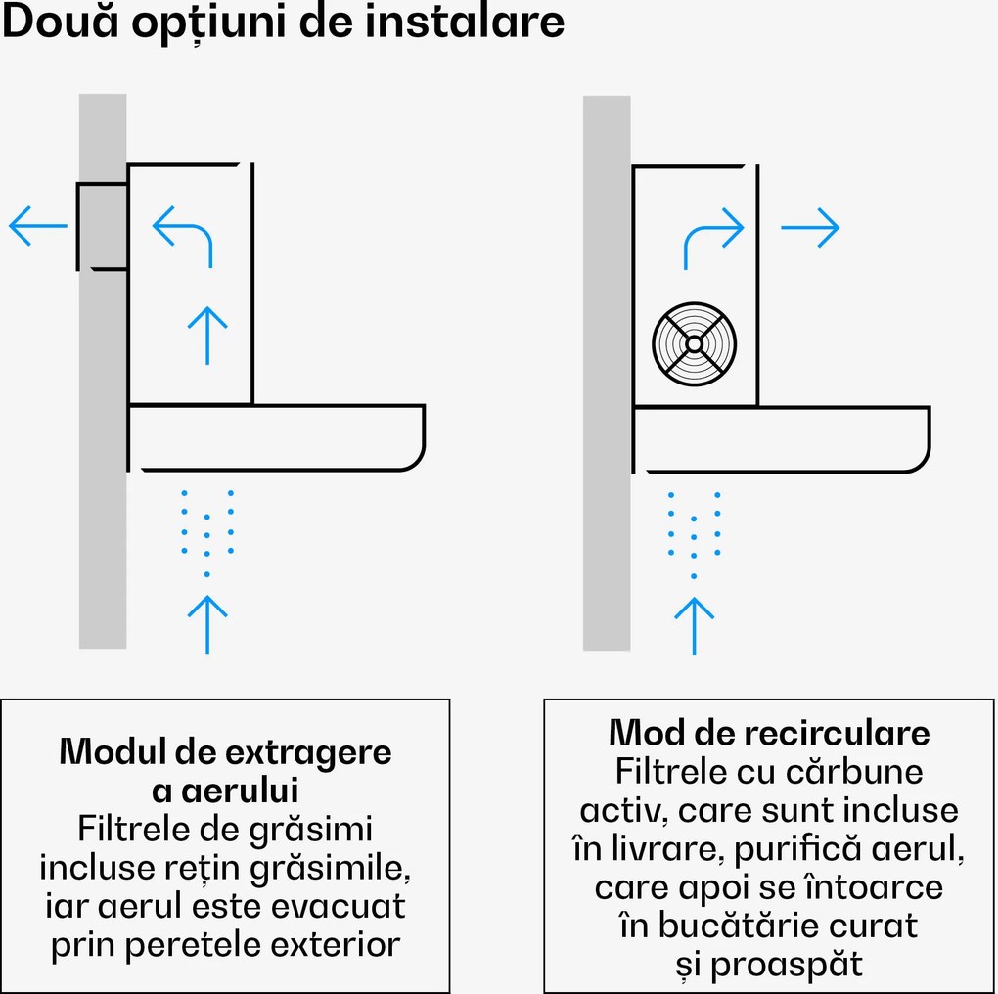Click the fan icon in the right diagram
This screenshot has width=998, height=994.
click(x=694, y=344)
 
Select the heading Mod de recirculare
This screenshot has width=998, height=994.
click(x=769, y=733)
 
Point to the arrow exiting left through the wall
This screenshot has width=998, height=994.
click(x=37, y=226)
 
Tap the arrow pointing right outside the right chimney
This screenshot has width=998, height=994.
click(x=810, y=227)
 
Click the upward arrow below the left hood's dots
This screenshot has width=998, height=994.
click(x=206, y=622)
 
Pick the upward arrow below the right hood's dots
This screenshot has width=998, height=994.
click(x=694, y=624)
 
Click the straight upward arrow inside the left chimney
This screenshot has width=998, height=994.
click(x=206, y=334)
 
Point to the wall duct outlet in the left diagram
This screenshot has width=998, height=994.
click(x=102, y=226)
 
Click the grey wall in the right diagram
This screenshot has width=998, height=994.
click(x=607, y=372)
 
